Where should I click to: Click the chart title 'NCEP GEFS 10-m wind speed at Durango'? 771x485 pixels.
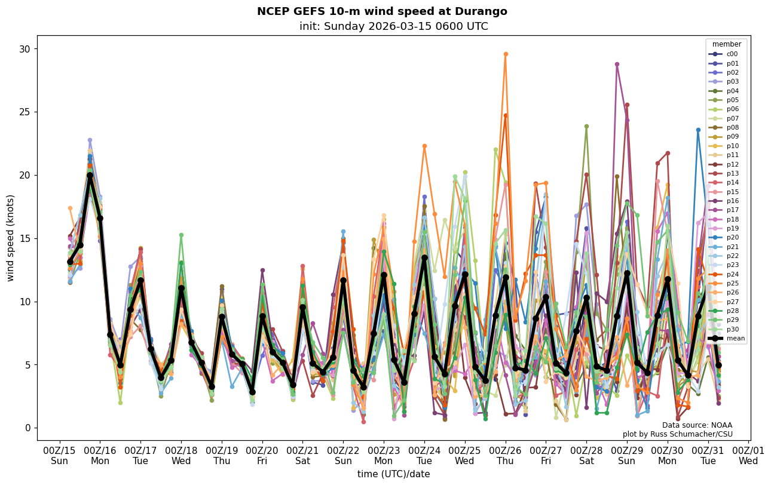click(x=382, y=11)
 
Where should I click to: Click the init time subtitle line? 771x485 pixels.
click(x=393, y=26)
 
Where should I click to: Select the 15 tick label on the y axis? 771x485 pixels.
click(x=26, y=238)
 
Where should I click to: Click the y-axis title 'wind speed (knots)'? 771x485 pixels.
click(x=10, y=238)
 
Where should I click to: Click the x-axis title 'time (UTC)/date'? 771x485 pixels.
click(x=393, y=474)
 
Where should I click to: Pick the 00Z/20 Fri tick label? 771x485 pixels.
click(x=263, y=456)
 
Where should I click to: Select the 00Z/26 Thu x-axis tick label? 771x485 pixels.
click(x=506, y=456)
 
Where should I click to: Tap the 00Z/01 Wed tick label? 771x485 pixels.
click(x=748, y=456)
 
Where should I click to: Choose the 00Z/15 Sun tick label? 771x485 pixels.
click(x=60, y=456)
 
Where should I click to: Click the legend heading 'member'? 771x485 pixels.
click(x=726, y=44)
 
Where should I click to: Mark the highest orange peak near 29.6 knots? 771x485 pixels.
click(x=506, y=54)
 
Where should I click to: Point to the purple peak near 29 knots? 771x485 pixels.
click(x=617, y=65)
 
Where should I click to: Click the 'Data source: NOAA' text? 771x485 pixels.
click(x=697, y=425)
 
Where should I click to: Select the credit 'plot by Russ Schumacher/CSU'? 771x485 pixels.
click(x=677, y=434)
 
